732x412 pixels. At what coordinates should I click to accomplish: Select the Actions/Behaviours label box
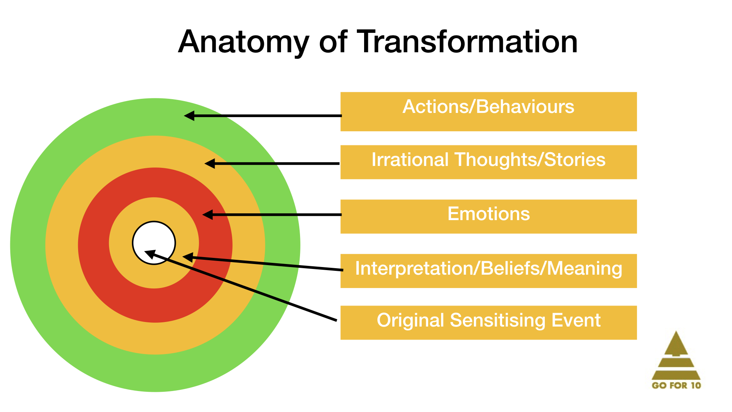(x=488, y=111)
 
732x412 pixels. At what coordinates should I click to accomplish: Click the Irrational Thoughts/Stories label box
(x=488, y=162)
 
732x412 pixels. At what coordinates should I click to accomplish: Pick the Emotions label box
(x=488, y=216)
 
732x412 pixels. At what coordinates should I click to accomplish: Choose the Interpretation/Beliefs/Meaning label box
(x=488, y=271)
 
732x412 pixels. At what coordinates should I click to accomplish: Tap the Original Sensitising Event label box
(x=488, y=322)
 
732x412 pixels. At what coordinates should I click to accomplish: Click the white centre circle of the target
(x=154, y=237)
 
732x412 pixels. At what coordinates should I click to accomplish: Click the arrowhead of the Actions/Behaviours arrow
(x=189, y=116)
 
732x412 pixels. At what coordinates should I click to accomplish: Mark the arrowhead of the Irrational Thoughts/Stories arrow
(x=210, y=164)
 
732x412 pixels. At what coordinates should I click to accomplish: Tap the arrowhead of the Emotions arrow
(x=207, y=215)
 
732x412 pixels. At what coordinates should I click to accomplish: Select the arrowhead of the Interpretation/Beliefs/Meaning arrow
(x=188, y=257)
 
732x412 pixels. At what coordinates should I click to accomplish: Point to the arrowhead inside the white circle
(x=150, y=254)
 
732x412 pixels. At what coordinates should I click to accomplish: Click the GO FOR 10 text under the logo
(x=676, y=385)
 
